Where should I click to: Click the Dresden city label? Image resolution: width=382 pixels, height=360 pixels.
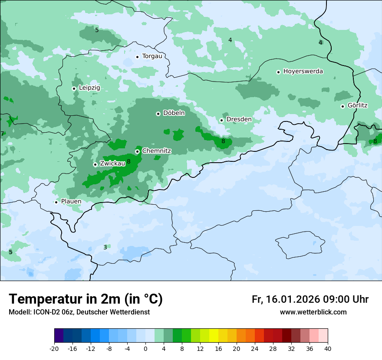[239, 119]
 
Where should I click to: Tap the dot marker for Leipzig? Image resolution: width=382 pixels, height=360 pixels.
[74, 88]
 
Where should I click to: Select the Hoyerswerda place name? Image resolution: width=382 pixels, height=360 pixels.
[303, 71]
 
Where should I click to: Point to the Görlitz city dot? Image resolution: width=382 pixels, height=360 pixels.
[342, 106]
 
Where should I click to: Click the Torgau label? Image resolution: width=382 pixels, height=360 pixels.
[152, 56]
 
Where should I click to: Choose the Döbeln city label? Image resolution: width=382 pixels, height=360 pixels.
[174, 113]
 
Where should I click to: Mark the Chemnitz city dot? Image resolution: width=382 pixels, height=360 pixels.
[137, 151]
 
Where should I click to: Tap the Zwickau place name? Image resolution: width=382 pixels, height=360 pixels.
[112, 164]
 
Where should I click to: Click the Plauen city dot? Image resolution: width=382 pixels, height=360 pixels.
[56, 202]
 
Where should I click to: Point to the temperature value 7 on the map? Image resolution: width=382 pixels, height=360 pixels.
[2, 134]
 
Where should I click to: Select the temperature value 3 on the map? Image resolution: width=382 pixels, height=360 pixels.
[105, 247]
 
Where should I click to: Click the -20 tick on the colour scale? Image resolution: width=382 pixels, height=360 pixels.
[54, 348]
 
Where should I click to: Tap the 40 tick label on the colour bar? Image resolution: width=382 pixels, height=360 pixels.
[328, 348]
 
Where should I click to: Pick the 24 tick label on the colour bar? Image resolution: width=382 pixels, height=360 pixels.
[255, 348]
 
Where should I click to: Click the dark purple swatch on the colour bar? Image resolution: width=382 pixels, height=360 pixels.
[59, 336]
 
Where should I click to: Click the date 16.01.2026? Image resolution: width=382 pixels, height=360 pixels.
[291, 299]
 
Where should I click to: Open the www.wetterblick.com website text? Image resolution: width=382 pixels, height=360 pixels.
[313, 312]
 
